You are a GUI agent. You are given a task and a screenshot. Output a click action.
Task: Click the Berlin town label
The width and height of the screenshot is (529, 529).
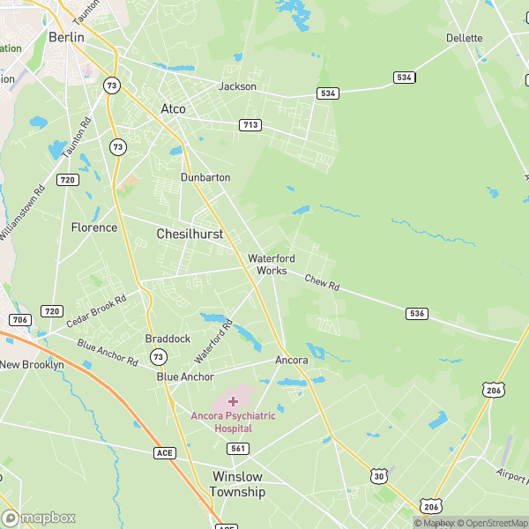(x=66, y=37)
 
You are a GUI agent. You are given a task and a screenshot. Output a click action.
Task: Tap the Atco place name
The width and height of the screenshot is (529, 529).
(x=173, y=108)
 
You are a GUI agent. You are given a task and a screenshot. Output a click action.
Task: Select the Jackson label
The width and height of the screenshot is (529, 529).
(x=237, y=86)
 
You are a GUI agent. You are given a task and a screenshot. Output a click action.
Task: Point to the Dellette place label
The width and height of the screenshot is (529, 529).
(x=465, y=38)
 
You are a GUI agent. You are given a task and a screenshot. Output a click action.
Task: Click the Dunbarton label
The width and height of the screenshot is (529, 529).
(x=205, y=177)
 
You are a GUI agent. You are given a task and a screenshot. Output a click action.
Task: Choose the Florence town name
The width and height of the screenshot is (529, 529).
(x=94, y=227)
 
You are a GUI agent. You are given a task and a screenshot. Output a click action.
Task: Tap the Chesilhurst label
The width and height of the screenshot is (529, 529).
(x=190, y=235)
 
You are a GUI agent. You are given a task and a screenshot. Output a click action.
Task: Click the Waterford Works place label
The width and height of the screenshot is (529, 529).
(x=272, y=264)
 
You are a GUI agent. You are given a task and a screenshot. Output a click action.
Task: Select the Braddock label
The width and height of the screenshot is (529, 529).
(x=168, y=339)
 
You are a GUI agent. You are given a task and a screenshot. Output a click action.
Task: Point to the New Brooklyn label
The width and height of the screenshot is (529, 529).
(x=32, y=364)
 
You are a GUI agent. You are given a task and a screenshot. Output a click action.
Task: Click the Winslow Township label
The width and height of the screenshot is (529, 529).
(x=238, y=483)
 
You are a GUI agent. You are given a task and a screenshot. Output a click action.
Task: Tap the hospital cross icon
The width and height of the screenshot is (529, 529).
(x=233, y=401)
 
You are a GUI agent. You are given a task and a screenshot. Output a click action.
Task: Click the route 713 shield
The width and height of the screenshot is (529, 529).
(x=250, y=125)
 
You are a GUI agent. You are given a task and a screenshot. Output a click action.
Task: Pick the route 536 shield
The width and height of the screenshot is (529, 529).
(x=417, y=313)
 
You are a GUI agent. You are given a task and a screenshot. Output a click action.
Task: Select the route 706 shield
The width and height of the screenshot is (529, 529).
(x=19, y=318)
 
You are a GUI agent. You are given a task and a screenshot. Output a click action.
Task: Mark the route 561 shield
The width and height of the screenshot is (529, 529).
(x=237, y=449)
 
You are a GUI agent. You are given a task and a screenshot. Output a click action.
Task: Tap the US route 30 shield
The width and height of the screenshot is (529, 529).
(x=378, y=476)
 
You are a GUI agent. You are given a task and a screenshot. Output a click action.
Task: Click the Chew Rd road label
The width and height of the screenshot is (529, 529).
(x=322, y=283)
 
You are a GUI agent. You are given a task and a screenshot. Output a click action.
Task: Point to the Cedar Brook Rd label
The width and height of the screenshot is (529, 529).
(x=96, y=310)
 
